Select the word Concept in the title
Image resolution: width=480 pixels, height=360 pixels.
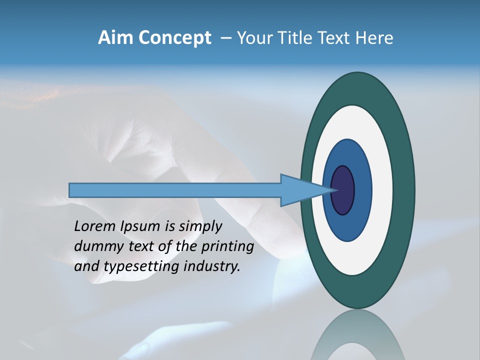point(174,38)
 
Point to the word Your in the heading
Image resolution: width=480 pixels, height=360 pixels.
point(255,38)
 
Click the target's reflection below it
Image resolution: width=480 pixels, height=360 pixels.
point(357,335)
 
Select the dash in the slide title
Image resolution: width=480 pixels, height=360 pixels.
point(225,38)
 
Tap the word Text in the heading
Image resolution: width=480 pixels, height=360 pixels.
point(335,38)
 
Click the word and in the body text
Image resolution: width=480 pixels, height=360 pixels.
point(85,266)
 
